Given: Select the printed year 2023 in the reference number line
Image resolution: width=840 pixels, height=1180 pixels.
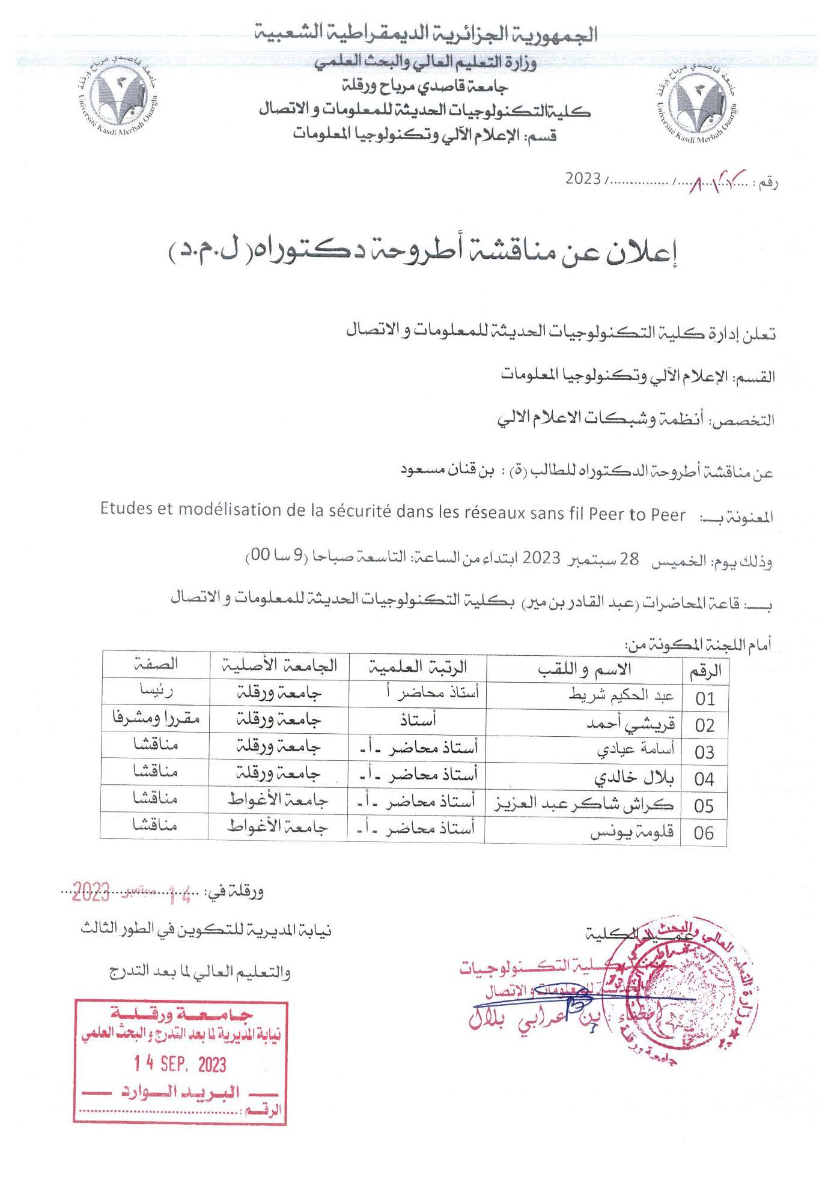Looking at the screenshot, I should [583, 179].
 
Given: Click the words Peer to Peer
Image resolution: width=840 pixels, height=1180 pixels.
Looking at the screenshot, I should [637, 514].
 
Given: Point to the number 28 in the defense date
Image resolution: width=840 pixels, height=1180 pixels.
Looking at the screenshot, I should [629, 558].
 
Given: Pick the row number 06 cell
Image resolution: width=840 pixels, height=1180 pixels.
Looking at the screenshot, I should [704, 833].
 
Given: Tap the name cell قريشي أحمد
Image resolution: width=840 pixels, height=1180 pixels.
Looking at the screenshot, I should [630, 724].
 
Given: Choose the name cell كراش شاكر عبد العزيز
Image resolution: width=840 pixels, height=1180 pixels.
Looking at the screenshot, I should [584, 804].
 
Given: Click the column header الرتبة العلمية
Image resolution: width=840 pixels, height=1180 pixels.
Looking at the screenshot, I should [418, 667].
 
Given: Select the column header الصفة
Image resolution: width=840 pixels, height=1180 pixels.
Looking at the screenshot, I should [156, 664].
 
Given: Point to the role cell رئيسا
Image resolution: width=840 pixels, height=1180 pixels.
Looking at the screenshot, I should [156, 691].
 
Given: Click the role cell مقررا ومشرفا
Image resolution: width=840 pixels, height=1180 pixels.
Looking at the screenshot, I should [156, 718].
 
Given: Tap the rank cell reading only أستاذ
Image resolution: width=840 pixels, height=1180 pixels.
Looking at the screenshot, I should [418, 719].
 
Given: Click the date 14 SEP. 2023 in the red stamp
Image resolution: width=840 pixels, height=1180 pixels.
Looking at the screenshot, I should [180, 1064].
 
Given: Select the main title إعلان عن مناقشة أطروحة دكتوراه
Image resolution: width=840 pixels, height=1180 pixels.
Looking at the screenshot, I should [423, 255].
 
